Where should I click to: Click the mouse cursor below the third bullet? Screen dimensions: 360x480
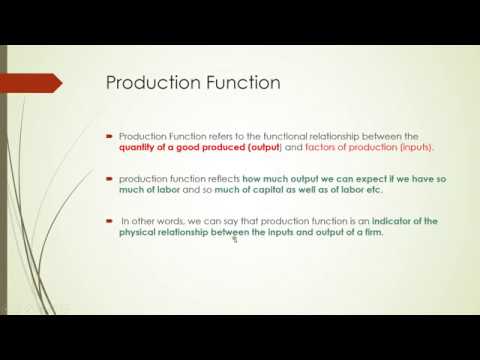[x=233, y=240]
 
